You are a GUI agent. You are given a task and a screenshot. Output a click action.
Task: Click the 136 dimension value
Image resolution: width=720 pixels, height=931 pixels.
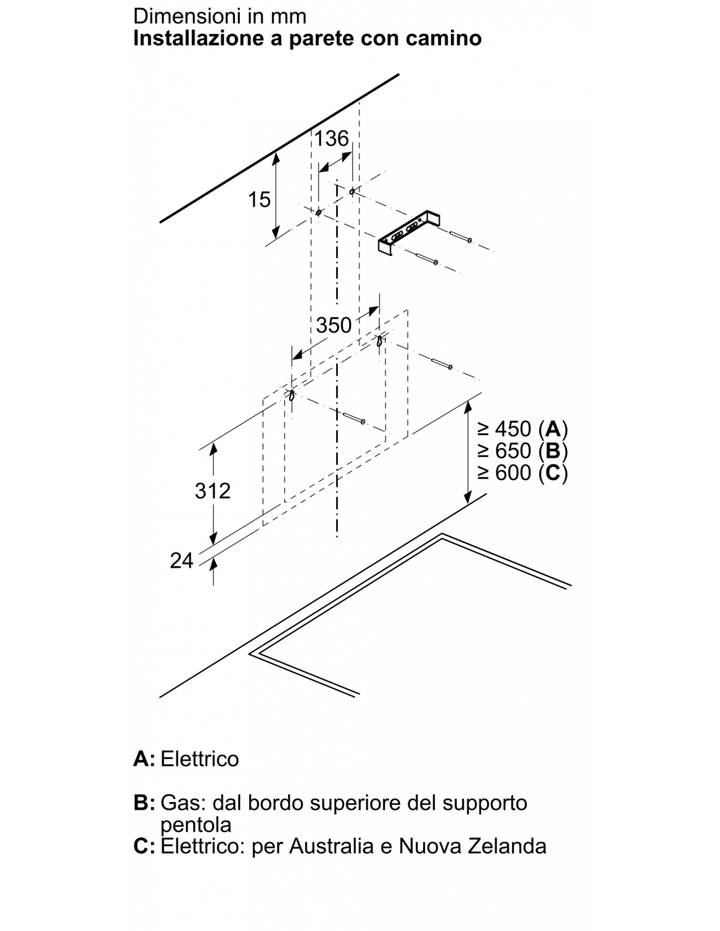(331, 139)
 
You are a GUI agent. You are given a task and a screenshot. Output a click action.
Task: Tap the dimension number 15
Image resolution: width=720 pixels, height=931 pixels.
(260, 200)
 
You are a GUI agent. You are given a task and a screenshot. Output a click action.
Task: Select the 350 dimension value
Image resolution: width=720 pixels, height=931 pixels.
(334, 325)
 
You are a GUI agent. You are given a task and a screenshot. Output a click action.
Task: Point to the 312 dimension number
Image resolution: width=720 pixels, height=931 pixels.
(213, 490)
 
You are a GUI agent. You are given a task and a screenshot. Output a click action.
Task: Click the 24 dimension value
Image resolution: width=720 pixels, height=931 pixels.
(182, 561)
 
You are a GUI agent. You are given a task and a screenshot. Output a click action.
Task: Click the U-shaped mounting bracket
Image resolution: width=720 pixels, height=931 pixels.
(408, 235)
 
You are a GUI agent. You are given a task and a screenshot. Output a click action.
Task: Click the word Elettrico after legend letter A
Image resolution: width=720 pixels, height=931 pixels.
(200, 759)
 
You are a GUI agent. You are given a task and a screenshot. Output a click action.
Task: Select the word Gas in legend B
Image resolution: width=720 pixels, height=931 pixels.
(184, 803)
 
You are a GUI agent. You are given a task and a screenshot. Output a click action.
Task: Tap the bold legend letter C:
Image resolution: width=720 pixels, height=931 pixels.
(145, 847)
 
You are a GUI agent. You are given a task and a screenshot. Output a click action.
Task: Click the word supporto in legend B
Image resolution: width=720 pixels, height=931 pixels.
(485, 804)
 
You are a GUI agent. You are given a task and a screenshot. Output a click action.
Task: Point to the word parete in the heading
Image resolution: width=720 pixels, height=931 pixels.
(321, 39)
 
